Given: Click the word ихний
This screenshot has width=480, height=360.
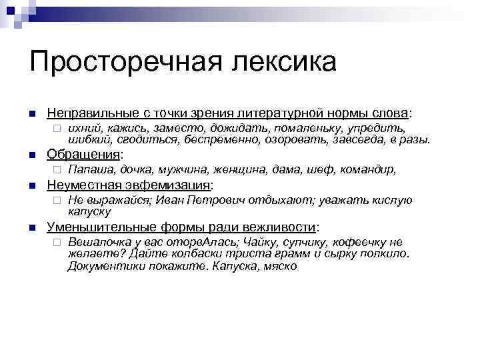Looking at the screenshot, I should coord(85,127).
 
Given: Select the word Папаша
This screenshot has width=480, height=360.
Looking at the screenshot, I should coord(91,169).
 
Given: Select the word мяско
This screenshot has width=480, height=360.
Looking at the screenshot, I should coord(280,265).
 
